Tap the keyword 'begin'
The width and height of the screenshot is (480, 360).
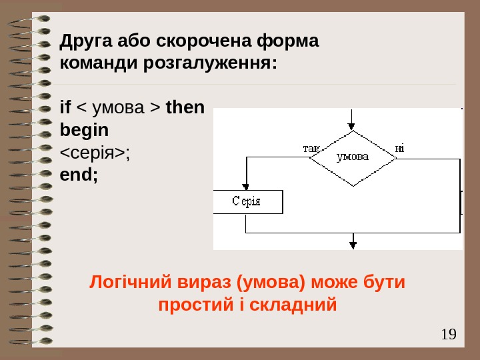pyautogui.click(x=84, y=130)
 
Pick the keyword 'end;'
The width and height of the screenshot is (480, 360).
pyautogui.click(x=79, y=176)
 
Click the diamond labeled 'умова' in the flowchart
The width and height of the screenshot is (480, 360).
pyautogui.click(x=353, y=157)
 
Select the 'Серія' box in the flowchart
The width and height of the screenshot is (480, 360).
pyautogui.click(x=247, y=201)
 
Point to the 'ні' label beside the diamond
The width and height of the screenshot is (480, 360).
pyautogui.click(x=399, y=147)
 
